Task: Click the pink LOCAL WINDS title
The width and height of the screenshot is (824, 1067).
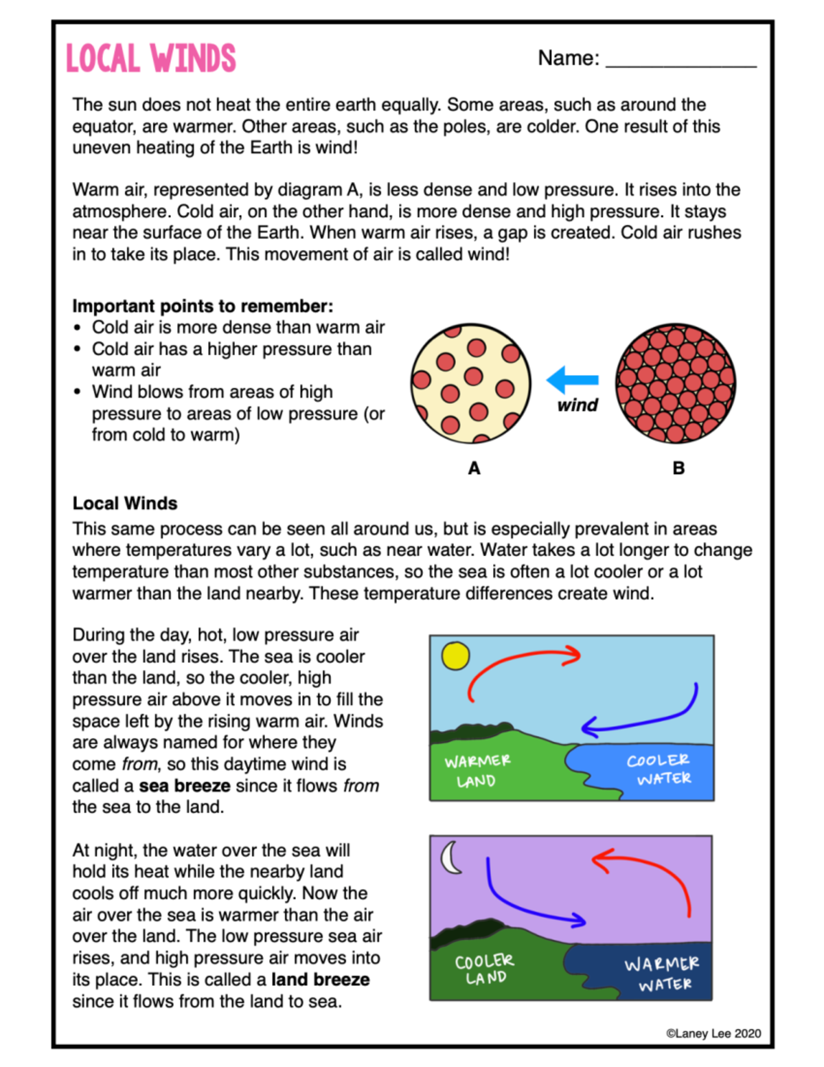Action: pyautogui.click(x=150, y=58)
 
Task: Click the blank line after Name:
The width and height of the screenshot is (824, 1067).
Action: pyautogui.click(x=680, y=62)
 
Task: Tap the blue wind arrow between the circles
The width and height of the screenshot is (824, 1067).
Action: pyautogui.click(x=573, y=379)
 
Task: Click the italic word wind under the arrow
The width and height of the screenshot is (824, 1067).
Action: pyautogui.click(x=577, y=405)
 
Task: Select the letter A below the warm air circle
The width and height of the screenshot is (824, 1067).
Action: pyautogui.click(x=474, y=469)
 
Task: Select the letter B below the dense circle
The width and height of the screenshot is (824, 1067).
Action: pyautogui.click(x=678, y=469)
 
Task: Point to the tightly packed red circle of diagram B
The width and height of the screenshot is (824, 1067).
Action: pyautogui.click(x=676, y=383)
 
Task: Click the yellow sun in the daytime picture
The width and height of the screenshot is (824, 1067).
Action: pyautogui.click(x=455, y=655)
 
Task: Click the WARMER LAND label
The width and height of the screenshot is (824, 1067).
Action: pyautogui.click(x=477, y=771)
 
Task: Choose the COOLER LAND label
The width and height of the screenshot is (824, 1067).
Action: pyautogui.click(x=485, y=969)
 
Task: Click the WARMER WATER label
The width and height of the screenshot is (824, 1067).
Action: pyautogui.click(x=662, y=974)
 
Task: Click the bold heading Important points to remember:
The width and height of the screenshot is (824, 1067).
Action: pyautogui.click(x=203, y=306)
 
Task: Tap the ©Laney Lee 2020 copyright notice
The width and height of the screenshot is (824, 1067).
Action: pyautogui.click(x=713, y=1033)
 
